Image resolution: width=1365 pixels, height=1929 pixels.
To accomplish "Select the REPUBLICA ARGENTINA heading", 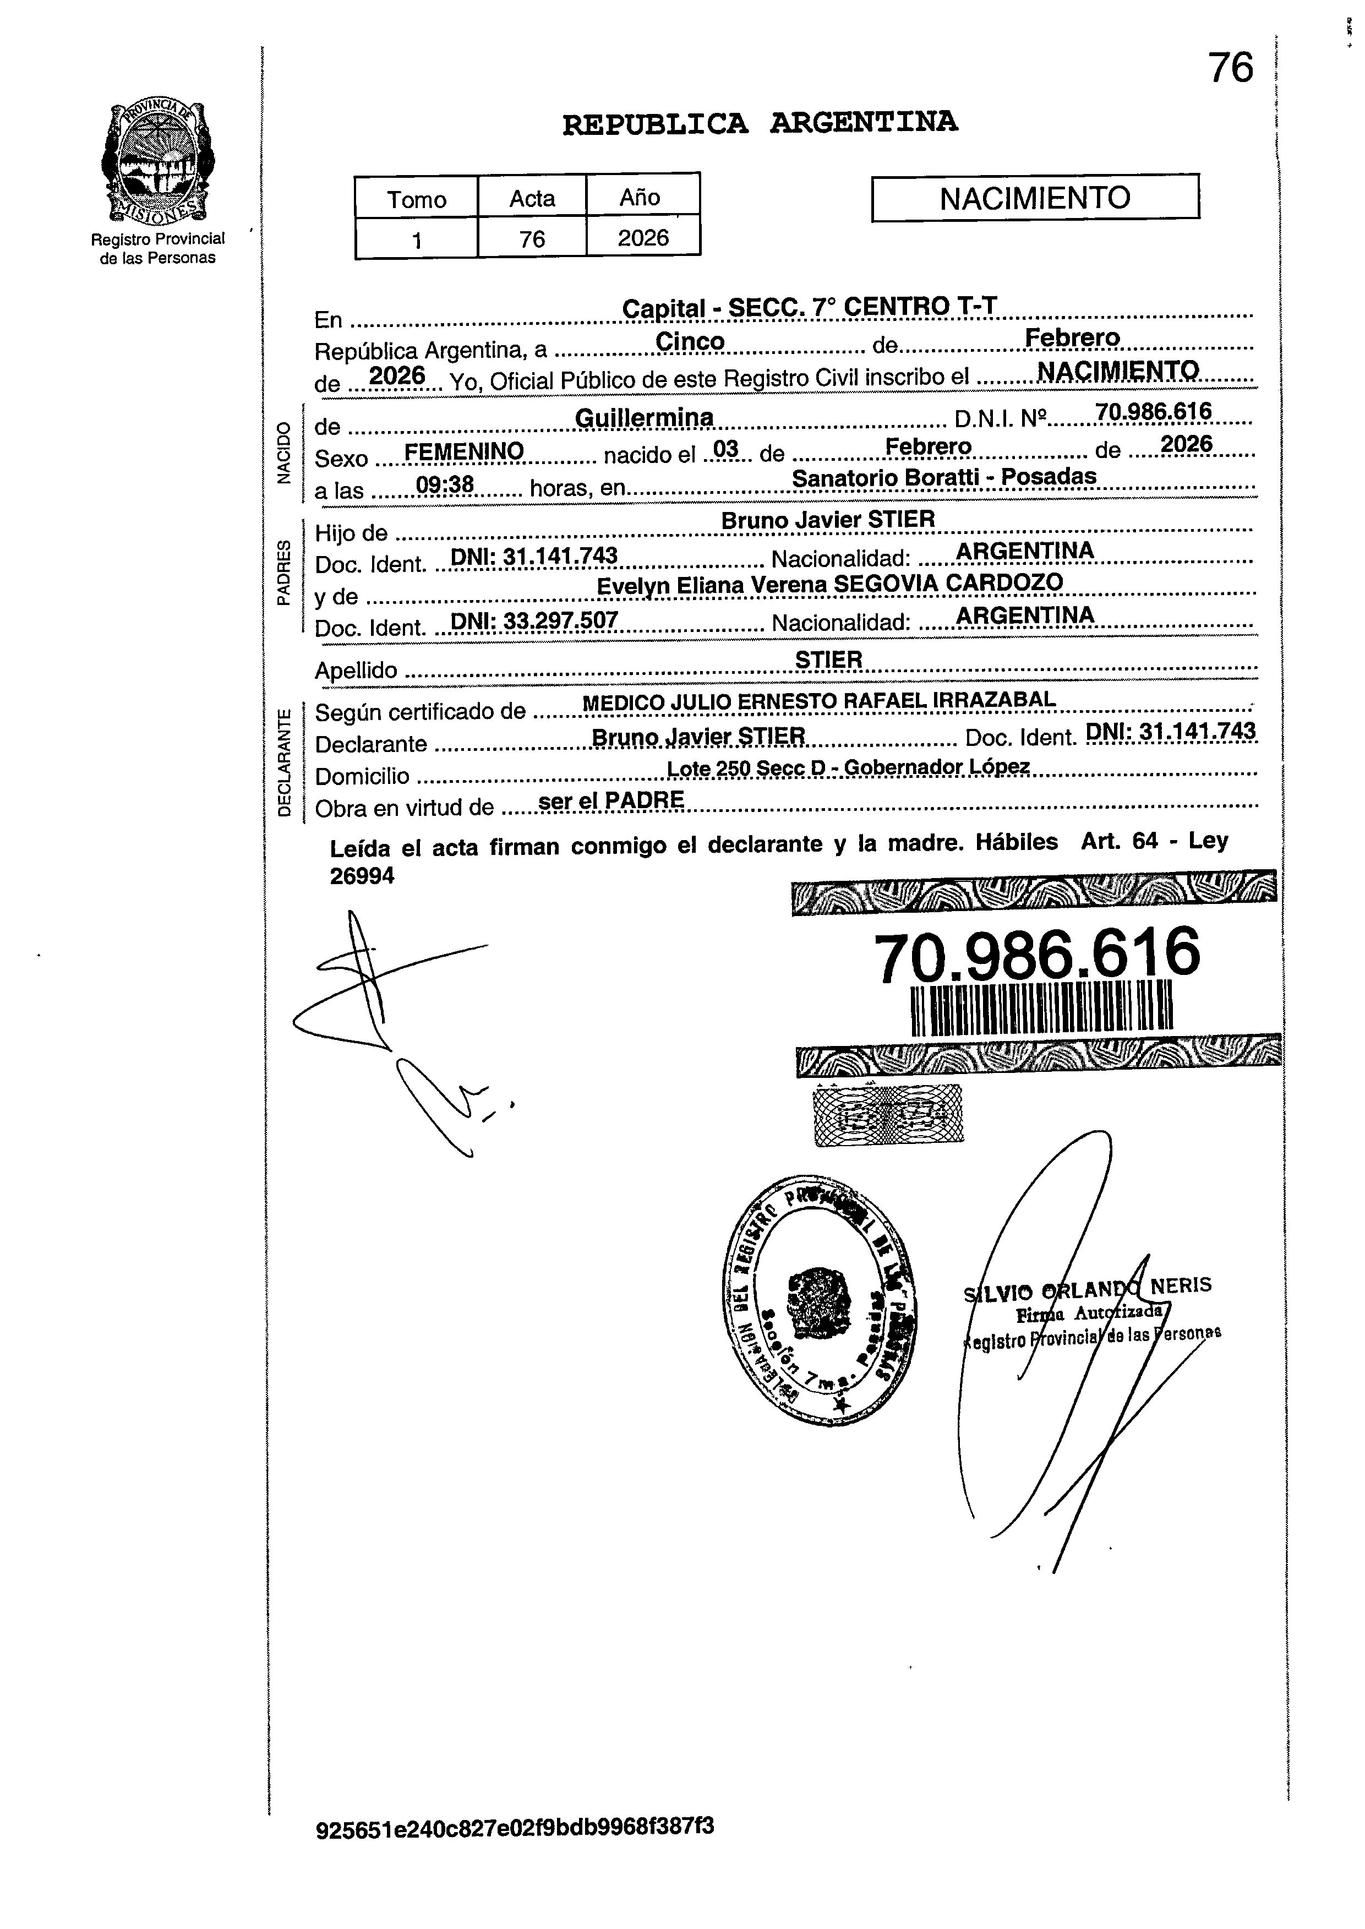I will click(759, 123).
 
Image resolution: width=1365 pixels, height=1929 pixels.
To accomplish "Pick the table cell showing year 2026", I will click(643, 238).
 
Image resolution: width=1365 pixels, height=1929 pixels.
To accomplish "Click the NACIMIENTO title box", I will click(1035, 198).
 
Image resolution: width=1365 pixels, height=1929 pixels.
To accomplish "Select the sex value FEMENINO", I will click(464, 452).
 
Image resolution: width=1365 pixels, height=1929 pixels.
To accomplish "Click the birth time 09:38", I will click(445, 485).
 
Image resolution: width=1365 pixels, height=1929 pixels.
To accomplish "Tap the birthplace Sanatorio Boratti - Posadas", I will click(944, 477).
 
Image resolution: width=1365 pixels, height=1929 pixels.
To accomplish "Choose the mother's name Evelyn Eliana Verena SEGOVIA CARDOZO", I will click(829, 584).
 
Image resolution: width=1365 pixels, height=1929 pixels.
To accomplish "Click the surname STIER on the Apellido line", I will click(829, 661).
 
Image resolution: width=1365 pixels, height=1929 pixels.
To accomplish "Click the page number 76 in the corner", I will click(1231, 68).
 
